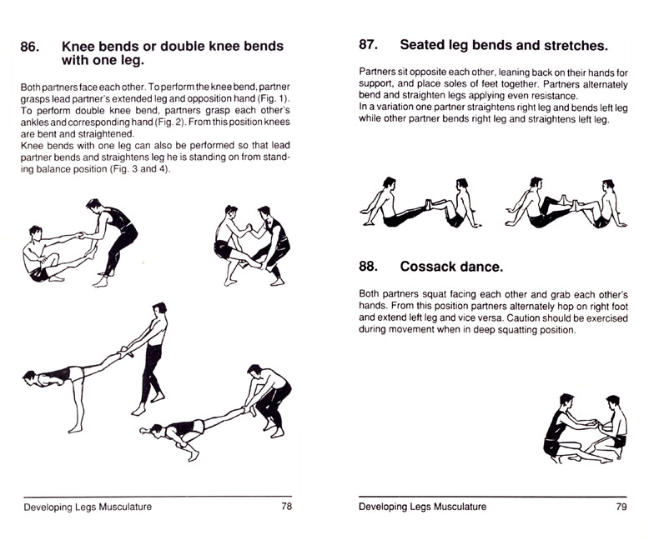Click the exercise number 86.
tap(30, 47)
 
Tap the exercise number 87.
tap(369, 45)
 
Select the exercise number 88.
tap(369, 267)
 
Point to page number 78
tap(286, 507)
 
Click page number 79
tap(621, 507)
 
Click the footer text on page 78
tap(88, 507)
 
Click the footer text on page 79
tap(423, 507)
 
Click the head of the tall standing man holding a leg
tap(159, 308)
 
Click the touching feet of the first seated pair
tap(429, 204)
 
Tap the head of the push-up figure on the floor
tap(155, 430)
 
